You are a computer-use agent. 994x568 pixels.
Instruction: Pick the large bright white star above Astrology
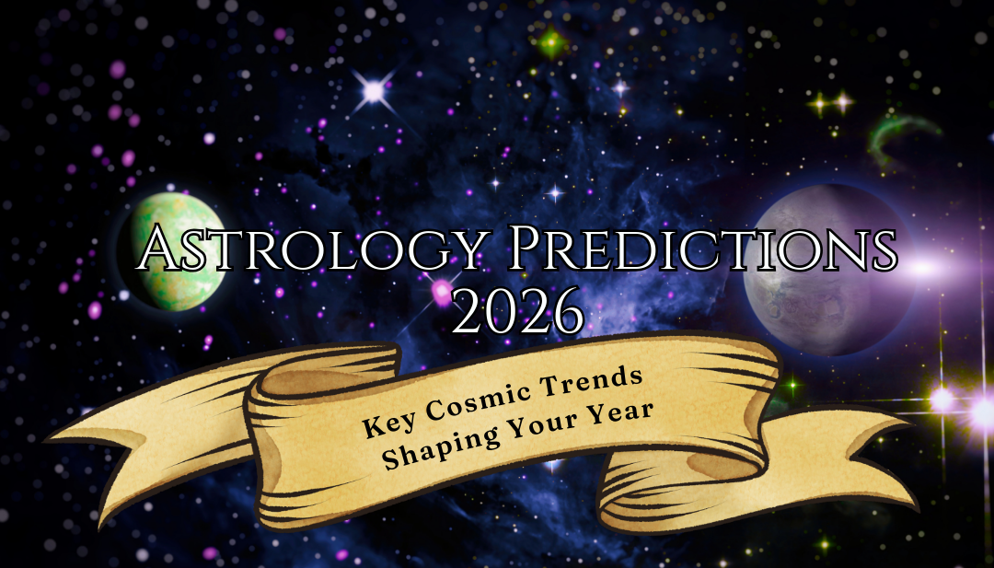point(374,90)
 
